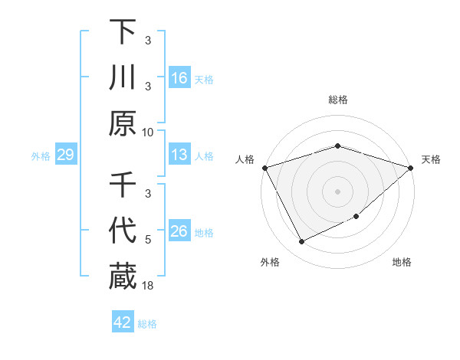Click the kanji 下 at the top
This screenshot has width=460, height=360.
[x=123, y=31]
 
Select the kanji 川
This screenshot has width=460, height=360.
[x=123, y=78]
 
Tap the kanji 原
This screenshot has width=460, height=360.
[x=123, y=124]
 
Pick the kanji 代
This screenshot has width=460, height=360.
[x=123, y=231]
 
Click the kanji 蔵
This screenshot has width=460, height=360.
[x=123, y=277]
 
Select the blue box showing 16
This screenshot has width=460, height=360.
[x=179, y=78]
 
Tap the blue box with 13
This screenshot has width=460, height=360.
[x=179, y=155]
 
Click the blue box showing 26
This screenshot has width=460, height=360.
[x=179, y=231]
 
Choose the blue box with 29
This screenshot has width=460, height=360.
[x=66, y=155]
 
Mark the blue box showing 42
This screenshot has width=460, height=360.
[x=123, y=322]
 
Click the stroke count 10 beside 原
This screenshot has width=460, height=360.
[x=148, y=132]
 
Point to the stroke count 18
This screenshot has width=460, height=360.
[x=148, y=286]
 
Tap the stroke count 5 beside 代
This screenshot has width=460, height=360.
[x=148, y=240]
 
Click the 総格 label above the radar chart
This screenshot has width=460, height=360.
[x=338, y=100]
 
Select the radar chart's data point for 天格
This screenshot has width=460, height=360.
[x=412, y=167]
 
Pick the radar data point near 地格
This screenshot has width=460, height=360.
[x=357, y=217]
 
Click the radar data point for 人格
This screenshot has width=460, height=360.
[x=264, y=167]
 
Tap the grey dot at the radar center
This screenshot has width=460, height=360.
[x=338, y=191]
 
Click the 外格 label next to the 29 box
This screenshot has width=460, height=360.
[x=41, y=155]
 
